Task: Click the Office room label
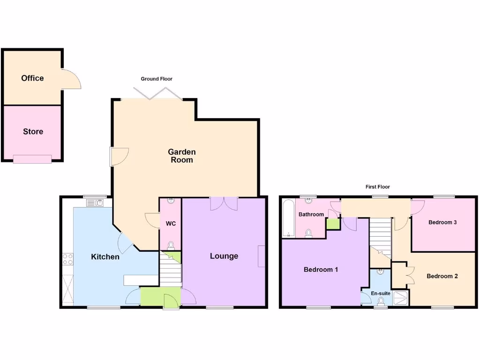[x=32, y=78]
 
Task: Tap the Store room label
[x=33, y=132]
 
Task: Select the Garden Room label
[x=181, y=156]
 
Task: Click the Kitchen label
[x=105, y=257]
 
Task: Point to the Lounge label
[x=224, y=256]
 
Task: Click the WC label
[x=171, y=224]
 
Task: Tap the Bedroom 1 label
[x=321, y=270]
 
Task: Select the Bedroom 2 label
[x=442, y=276]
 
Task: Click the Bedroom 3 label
[x=442, y=223]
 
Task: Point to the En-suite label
[x=380, y=293]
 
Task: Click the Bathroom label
[x=311, y=215]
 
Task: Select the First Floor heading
[x=377, y=187]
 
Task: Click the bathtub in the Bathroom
[x=288, y=218]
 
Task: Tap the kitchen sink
[x=95, y=203]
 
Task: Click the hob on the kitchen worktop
[x=67, y=259]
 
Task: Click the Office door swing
[x=71, y=79]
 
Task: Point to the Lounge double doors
[x=224, y=203]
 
